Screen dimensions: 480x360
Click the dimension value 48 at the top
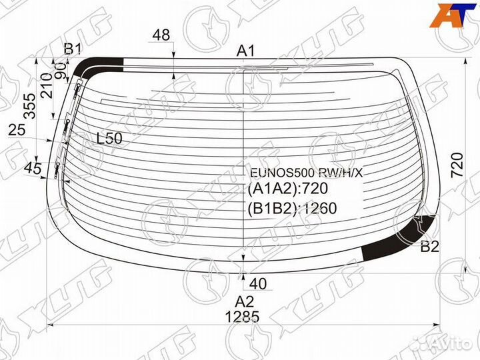pos(161,35)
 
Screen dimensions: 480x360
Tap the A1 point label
pos(245,51)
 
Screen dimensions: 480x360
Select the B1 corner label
pos(72,49)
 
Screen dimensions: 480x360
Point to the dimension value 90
pos(61,71)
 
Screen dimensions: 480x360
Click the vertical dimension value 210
pos(47,86)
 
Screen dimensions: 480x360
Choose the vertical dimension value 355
pos(30,106)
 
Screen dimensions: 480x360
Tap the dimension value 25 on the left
pos(17,130)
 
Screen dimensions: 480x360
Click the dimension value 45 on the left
pos(33,168)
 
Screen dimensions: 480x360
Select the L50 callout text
pos(109,139)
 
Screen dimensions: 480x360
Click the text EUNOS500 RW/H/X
pos(306,173)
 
